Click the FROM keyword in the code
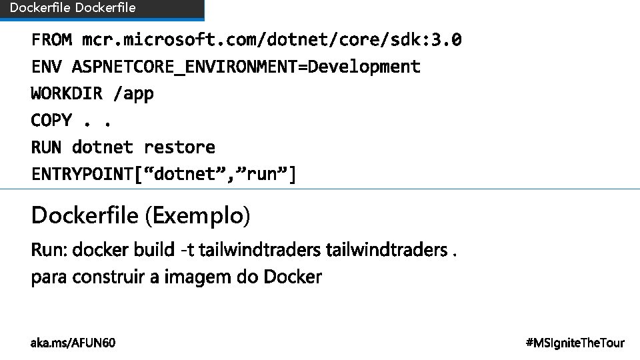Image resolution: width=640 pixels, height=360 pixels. (x=51, y=40)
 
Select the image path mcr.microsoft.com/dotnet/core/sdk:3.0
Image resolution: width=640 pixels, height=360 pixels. (x=271, y=40)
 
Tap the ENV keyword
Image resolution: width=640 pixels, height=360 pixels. (x=47, y=67)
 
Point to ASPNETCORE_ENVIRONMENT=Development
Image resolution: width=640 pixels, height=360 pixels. (x=246, y=67)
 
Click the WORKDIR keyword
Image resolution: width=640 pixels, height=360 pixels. (x=67, y=93)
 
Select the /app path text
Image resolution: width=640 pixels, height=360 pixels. (x=134, y=94)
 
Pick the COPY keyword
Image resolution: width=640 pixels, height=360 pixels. (x=51, y=120)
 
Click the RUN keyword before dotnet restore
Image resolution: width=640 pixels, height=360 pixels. (x=47, y=147)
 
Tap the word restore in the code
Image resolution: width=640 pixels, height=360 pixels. (x=179, y=147)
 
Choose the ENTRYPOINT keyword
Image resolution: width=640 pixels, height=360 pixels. (x=82, y=174)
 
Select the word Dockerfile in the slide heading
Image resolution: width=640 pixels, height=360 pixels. (x=84, y=216)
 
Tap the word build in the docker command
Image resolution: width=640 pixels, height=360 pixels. (x=153, y=250)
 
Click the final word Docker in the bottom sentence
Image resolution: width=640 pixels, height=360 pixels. (x=293, y=277)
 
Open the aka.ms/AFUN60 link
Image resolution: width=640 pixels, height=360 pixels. (x=73, y=343)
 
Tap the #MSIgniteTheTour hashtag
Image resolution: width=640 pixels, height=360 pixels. (x=575, y=343)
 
